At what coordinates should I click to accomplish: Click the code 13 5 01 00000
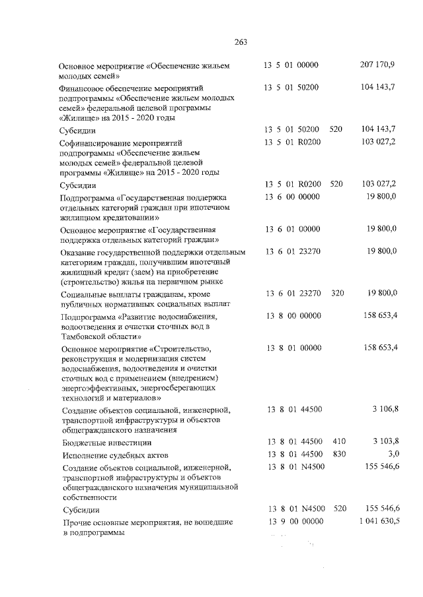coord(291,65)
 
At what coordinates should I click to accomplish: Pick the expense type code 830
coord(340,454)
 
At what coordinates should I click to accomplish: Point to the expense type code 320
coord(338,293)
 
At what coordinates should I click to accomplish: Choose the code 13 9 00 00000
coord(295,522)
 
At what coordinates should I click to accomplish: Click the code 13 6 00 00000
coord(293,197)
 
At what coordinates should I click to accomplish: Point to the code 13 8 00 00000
coord(295,317)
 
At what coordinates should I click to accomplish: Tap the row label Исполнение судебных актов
coord(115,455)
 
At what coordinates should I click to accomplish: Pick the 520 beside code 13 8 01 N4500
coord(340,509)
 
